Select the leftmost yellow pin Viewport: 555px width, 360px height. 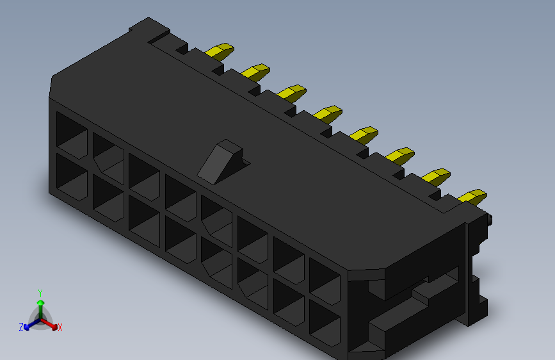(x=221, y=51)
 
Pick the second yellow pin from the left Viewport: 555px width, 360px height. (x=257, y=70)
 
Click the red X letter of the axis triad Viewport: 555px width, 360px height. (x=60, y=327)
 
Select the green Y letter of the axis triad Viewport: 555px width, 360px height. (x=40, y=292)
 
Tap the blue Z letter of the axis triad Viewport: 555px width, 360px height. (x=21, y=327)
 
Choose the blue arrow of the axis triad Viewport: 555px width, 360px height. (x=29, y=325)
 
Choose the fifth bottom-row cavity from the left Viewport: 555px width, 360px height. (x=216, y=259)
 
